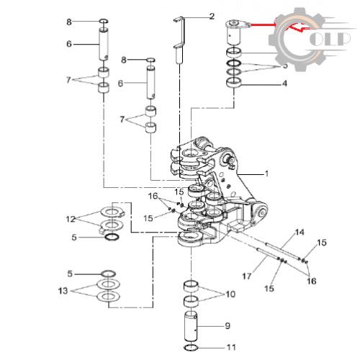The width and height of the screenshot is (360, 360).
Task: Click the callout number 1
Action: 266,174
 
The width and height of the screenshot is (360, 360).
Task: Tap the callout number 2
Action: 212,17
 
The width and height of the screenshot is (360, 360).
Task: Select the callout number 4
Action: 284,84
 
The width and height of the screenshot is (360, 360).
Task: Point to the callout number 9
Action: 228,325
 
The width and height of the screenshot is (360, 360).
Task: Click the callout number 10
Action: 230,294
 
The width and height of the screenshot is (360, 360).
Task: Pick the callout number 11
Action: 231,347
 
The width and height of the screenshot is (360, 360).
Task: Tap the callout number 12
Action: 71,219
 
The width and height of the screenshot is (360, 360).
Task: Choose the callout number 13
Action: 63,291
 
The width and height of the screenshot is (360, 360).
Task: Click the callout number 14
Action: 300,232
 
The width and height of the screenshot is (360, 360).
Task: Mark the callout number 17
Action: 247,276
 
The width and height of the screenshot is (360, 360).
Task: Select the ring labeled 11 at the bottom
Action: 191,347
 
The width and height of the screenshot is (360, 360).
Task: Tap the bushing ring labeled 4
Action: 234,83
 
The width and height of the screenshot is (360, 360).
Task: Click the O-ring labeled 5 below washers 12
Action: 112,237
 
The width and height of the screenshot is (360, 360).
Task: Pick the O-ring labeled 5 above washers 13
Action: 108,274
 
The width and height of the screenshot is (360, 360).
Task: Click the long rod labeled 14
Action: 283,251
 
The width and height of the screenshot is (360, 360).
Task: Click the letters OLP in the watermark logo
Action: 330,39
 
